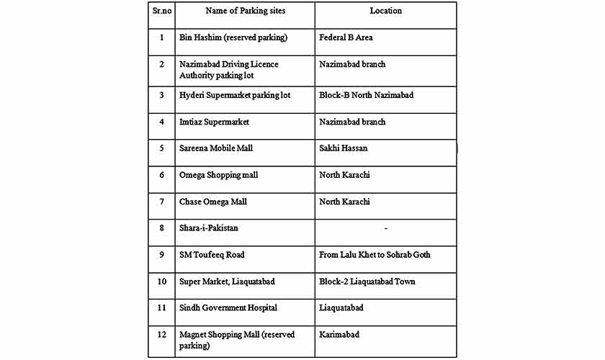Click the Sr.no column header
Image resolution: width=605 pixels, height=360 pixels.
[x=161, y=11]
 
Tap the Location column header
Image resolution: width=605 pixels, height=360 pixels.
[x=386, y=11]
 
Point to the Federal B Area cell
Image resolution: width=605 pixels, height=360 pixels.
[x=346, y=37]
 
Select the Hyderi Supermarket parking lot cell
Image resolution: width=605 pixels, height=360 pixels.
[x=235, y=95]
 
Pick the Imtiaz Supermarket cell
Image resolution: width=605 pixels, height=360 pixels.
[x=214, y=122]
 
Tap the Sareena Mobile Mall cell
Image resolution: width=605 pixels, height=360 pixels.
[x=216, y=148]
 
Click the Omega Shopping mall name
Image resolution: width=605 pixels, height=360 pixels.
[x=218, y=175]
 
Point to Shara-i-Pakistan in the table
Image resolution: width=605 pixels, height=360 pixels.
[x=209, y=228]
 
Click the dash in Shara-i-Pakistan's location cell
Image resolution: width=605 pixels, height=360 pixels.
[x=386, y=228]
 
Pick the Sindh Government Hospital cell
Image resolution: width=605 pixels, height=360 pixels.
[x=228, y=308]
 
